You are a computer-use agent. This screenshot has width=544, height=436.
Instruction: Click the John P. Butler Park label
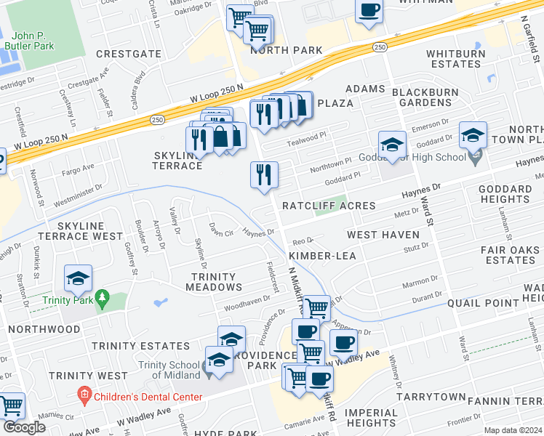[33, 40]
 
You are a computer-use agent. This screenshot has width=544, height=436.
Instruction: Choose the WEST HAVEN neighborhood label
[383, 235]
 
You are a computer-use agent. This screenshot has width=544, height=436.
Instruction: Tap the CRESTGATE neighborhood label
[128, 54]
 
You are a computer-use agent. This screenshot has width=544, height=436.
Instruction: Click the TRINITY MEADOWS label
[213, 282]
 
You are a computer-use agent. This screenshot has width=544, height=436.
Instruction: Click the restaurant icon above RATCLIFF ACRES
[264, 174]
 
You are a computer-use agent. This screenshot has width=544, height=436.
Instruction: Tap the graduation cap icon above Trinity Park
[78, 278]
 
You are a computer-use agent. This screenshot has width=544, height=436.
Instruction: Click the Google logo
[24, 427]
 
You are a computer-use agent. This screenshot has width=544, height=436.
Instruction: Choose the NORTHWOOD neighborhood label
[43, 329]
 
